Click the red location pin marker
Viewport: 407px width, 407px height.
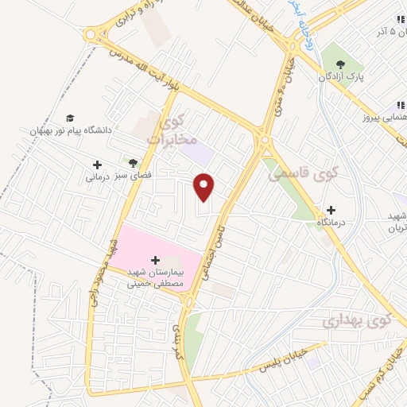(205, 188)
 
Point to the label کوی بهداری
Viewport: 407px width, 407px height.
(358, 321)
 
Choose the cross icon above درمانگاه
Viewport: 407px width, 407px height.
(331, 211)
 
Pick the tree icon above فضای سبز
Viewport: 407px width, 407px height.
(123, 160)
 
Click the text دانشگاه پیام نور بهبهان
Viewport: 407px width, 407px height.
(72, 128)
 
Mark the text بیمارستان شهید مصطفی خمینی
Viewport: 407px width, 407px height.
(155, 277)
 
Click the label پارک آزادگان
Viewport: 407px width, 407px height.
(343, 79)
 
